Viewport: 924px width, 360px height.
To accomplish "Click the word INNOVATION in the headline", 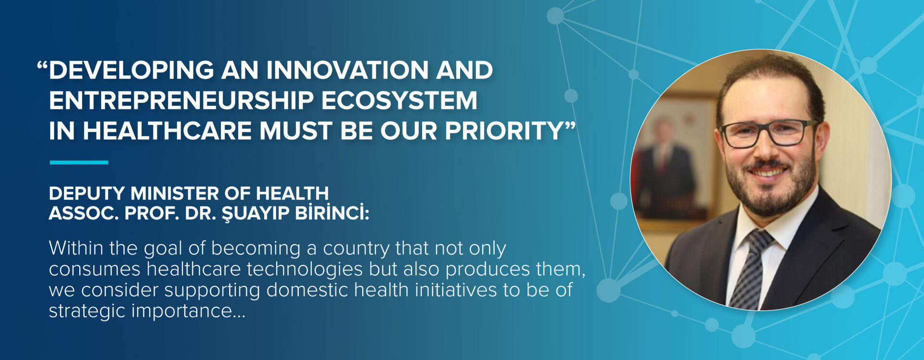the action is [348, 70].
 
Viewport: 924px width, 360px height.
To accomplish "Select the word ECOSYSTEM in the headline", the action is [399, 101].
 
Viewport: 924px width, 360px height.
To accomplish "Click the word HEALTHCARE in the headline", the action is [167, 131].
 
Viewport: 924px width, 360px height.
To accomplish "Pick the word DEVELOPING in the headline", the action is [131, 70].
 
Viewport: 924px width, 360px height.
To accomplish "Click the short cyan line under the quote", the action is [79, 163].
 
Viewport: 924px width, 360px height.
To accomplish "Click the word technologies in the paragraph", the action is [305, 270].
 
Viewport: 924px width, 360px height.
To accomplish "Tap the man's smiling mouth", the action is [768, 171].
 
